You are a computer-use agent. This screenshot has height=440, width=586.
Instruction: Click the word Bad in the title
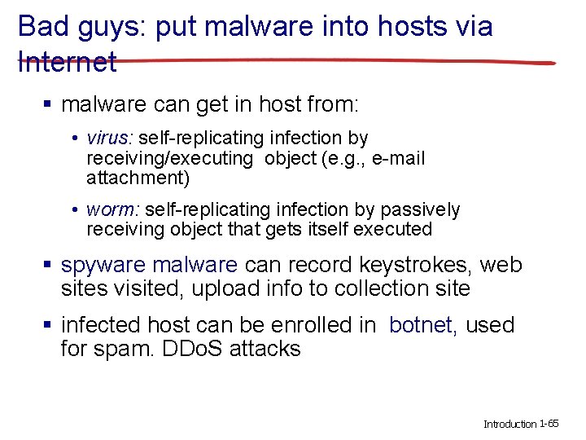(41, 26)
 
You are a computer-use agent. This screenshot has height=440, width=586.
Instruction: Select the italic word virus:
(111, 139)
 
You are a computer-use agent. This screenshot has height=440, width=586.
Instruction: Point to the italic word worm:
(112, 210)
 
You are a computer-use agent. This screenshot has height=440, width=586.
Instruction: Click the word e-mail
(398, 158)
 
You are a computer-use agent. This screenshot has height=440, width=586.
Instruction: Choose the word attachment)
(138, 178)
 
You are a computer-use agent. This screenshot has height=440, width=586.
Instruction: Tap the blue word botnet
(421, 325)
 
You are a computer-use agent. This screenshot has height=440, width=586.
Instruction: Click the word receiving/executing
(170, 158)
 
